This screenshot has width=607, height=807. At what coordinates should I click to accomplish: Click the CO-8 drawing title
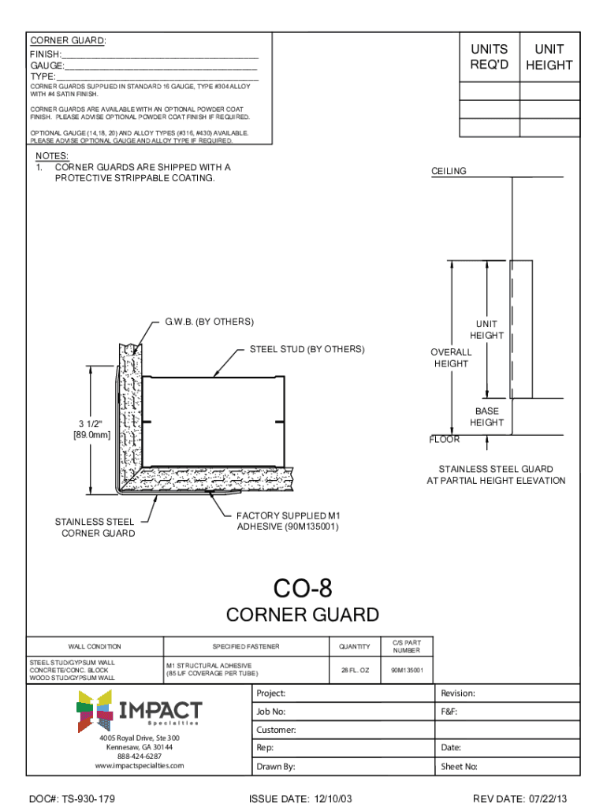tap(303, 589)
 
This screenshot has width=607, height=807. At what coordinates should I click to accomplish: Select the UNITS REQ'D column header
tap(489, 57)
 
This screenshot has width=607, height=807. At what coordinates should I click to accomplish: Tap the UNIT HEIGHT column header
tap(549, 57)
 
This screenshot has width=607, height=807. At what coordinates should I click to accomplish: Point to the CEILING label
tap(449, 171)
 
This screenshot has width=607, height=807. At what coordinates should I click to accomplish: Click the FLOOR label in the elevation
tap(444, 440)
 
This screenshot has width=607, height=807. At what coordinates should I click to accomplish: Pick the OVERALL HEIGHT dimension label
tap(450, 358)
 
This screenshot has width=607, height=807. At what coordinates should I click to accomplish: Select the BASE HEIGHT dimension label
tap(486, 417)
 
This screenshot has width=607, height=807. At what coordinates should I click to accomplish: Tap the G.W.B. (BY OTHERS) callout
tap(209, 322)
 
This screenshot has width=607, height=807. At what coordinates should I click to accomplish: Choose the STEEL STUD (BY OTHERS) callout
tap(307, 348)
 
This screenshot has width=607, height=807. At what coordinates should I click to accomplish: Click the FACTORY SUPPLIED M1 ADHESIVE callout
tap(288, 521)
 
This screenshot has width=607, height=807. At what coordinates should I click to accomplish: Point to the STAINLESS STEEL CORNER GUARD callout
tap(95, 527)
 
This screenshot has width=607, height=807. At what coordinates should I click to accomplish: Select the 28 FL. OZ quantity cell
tap(354, 671)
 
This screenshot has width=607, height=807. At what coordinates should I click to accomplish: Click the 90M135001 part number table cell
tap(407, 671)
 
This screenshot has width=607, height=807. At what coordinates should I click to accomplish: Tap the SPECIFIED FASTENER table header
tap(245, 647)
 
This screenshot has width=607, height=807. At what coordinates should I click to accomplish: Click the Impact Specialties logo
tap(139, 709)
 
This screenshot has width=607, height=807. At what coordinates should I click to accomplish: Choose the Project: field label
tap(271, 694)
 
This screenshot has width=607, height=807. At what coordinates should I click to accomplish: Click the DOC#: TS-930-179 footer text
tap(73, 799)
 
